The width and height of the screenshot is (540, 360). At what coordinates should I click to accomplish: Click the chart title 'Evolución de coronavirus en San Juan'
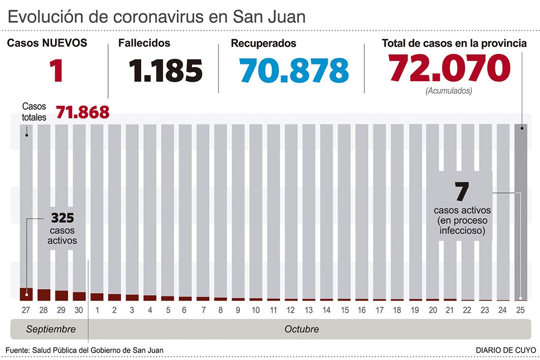click(157, 16)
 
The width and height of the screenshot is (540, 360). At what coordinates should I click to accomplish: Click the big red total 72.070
click(449, 68)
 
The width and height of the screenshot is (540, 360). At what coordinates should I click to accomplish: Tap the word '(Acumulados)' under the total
click(449, 91)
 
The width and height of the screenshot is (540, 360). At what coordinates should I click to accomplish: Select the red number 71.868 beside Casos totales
click(82, 112)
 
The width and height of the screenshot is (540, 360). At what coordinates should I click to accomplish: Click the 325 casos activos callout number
click(62, 218)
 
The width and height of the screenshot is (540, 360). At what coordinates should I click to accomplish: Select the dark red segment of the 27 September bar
click(26, 294)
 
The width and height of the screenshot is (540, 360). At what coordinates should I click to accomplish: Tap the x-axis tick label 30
click(79, 310)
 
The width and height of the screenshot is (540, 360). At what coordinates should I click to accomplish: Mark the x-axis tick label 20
click(433, 310)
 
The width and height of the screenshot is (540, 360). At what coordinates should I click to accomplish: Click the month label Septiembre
click(51, 329)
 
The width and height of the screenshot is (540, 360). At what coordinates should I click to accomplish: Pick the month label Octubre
click(302, 329)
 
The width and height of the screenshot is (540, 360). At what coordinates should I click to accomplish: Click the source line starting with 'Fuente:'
click(85, 350)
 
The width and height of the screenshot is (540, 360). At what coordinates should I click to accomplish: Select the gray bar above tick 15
click(344, 203)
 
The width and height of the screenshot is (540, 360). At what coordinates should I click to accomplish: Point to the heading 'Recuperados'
click(264, 44)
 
